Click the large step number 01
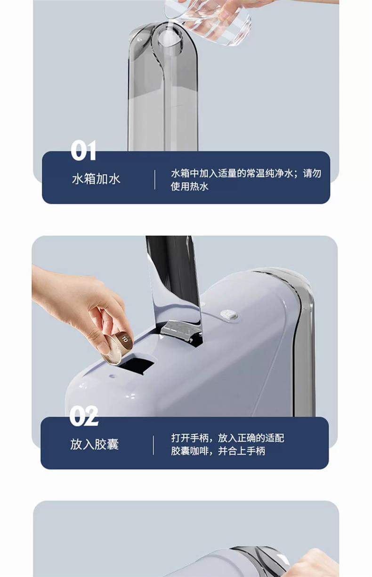pyautogui.click(x=83, y=151)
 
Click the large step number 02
pyautogui.click(x=84, y=416)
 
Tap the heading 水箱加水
pyautogui.click(x=96, y=179)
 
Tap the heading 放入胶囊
pyautogui.click(x=95, y=445)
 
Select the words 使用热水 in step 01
pyautogui.click(x=189, y=186)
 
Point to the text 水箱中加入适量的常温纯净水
pyautogui.click(x=232, y=173)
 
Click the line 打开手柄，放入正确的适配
pyautogui.click(x=228, y=438)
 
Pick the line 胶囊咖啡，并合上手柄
pyautogui.click(x=218, y=451)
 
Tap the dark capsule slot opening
pyautogui.click(x=136, y=363)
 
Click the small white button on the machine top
pyautogui.click(x=228, y=314)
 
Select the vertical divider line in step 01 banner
pyautogui.click(x=155, y=180)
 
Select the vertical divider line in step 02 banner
pyautogui.click(x=154, y=445)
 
